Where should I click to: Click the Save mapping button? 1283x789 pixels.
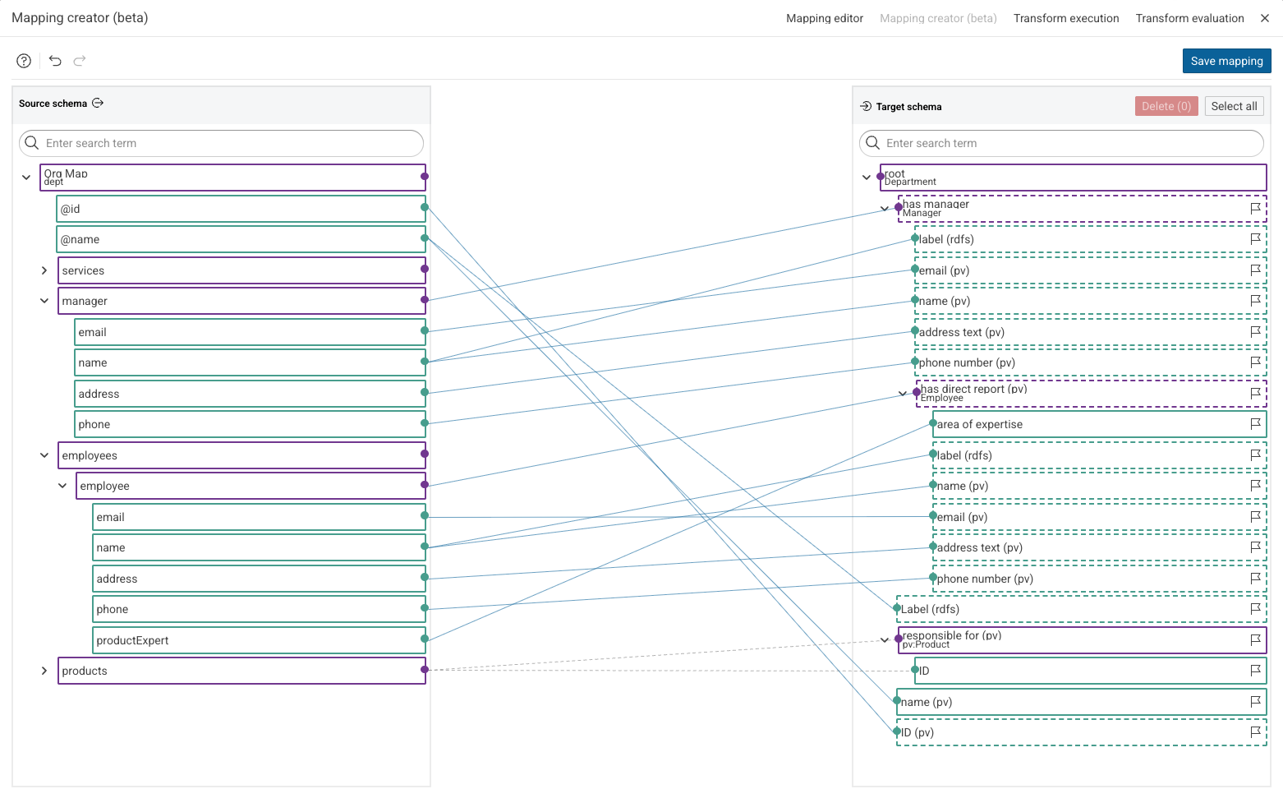(x=1226, y=61)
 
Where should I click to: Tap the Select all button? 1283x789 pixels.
(x=1234, y=106)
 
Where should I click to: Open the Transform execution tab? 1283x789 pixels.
(x=1066, y=18)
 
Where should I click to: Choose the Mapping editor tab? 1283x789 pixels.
(x=824, y=18)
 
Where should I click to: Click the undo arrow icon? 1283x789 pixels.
(x=55, y=61)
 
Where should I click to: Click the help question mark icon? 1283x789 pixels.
(x=24, y=61)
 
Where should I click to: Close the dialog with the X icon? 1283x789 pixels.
(x=1265, y=18)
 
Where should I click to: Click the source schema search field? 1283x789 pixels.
(x=221, y=143)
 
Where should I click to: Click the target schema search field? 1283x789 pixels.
(x=1061, y=143)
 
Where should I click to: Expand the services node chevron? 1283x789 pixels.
(x=44, y=270)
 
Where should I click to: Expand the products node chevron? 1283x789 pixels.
(x=44, y=671)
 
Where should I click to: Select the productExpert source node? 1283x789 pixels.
(x=259, y=640)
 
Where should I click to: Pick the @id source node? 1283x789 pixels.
(x=241, y=209)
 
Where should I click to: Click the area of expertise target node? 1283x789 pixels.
(x=1099, y=424)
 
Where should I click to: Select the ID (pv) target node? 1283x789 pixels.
(x=1082, y=732)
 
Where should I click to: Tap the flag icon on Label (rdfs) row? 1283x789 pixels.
(x=1255, y=608)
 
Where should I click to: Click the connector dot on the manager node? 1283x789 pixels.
(x=425, y=300)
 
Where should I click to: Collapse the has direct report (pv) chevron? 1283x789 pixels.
(x=903, y=394)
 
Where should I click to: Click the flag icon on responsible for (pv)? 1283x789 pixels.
(x=1255, y=639)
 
